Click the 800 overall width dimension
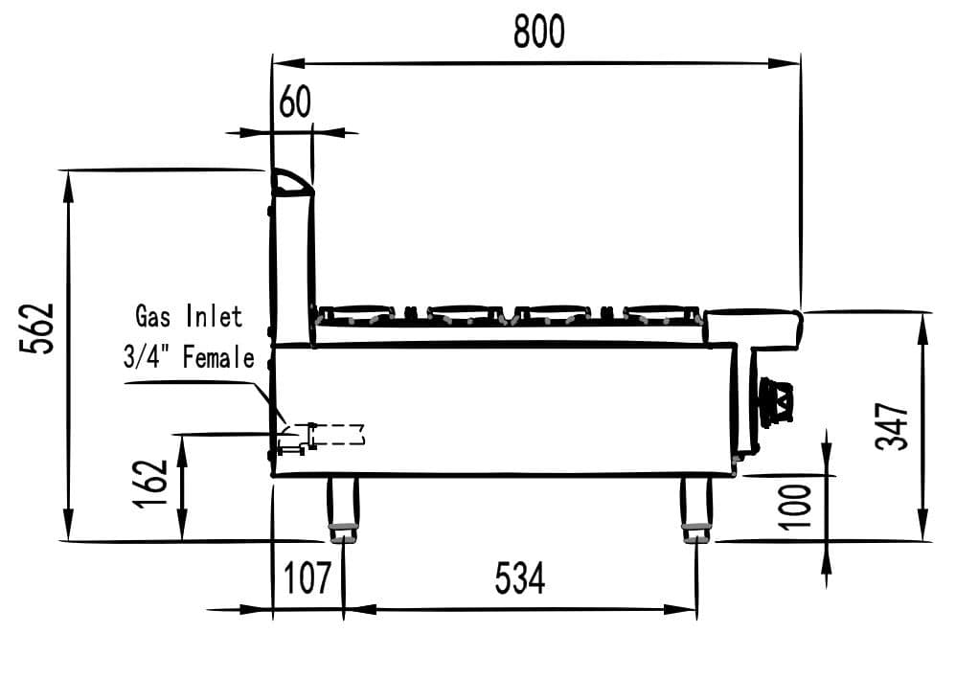pyautogui.click(x=539, y=33)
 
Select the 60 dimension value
pyautogui.click(x=295, y=102)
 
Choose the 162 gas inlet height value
pyautogui.click(x=152, y=487)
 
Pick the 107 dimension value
pyautogui.click(x=307, y=578)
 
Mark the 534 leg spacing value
pyautogui.click(x=520, y=578)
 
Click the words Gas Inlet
pyautogui.click(x=189, y=315)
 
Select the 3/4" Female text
pyautogui.click(x=189, y=357)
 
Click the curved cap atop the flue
pyautogui.click(x=291, y=183)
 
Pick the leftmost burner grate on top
pyautogui.click(x=355, y=313)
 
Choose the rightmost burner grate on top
pyautogui.click(x=662, y=313)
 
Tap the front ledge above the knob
pyautogui.click(x=754, y=328)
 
